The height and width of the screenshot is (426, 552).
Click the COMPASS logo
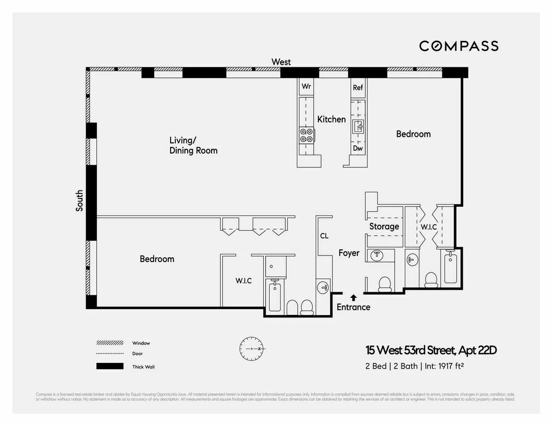coord(459,46)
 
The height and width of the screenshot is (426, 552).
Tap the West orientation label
coord(281,62)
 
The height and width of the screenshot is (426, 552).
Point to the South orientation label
coord(80,200)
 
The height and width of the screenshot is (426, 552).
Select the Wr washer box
coord(306,87)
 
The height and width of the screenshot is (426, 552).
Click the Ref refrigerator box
coord(358,87)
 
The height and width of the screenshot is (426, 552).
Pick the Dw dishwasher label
coord(358,148)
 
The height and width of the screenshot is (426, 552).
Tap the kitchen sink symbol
coord(358,125)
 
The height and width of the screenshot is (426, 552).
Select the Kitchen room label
coord(331,119)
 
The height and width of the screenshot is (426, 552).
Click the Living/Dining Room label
coord(193,145)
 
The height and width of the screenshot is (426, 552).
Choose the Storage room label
coord(384,226)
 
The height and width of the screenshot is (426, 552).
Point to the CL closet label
coord(324,236)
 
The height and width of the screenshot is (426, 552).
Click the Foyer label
coord(349,253)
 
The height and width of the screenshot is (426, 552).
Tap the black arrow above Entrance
coord(353,297)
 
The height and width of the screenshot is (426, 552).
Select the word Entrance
coord(353,307)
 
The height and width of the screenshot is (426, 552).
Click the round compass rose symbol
coord(251,349)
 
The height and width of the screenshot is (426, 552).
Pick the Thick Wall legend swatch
coord(110,366)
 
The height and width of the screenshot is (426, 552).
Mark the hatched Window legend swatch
coord(110,343)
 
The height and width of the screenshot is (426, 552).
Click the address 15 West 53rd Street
coord(431,351)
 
